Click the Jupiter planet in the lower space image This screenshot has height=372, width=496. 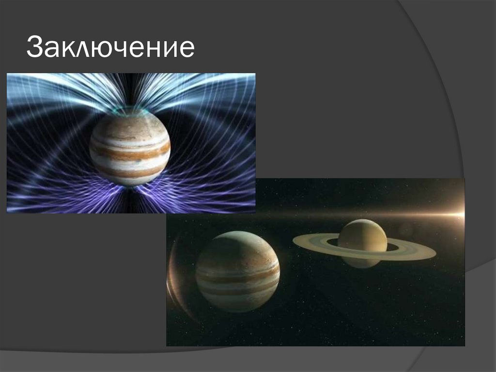(237, 272)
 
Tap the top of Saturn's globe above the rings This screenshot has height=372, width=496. (362, 224)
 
